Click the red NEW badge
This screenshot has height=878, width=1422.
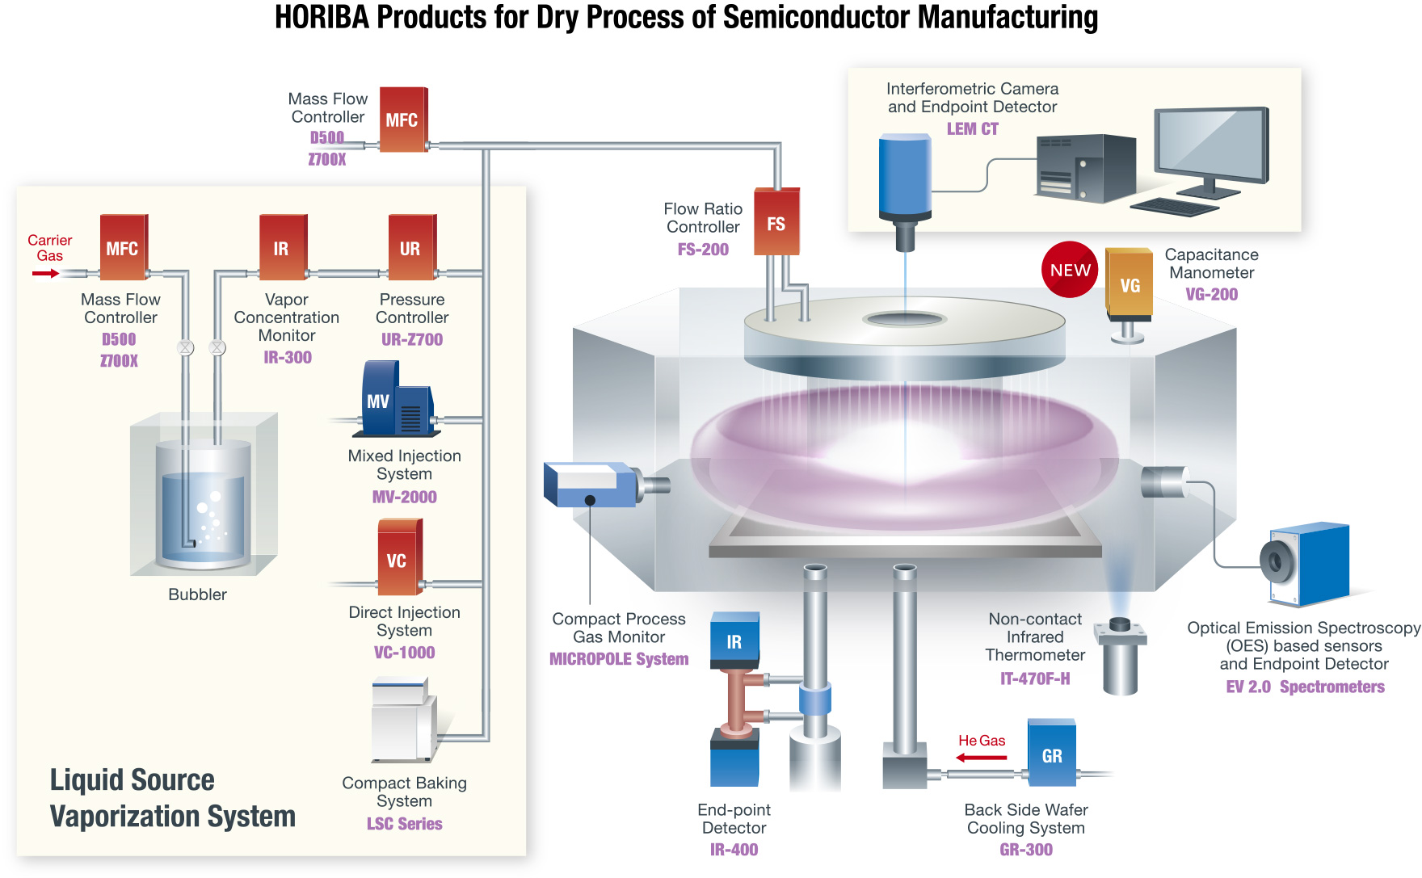tap(1069, 270)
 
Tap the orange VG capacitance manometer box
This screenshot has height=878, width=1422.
tap(1129, 284)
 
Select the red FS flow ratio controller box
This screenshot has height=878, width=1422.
tap(776, 222)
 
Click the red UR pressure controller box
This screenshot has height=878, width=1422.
tap(411, 247)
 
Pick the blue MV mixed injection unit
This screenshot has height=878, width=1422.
tap(395, 400)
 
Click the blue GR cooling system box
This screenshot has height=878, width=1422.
tap(1051, 753)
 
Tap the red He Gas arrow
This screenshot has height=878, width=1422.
tap(982, 758)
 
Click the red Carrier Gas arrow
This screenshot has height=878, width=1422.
tap(46, 274)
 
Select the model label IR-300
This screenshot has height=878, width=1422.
tap(288, 357)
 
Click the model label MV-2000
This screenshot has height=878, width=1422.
tap(404, 497)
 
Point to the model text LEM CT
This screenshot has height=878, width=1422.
tap(972, 129)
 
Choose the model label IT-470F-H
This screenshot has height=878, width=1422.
tap(1035, 678)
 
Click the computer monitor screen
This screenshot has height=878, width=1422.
tap(1210, 141)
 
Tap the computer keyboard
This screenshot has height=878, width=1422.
tap(1174, 207)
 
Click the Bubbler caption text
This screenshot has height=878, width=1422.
tap(197, 594)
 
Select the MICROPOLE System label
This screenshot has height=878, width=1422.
tap(619, 659)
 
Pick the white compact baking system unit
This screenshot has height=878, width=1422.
tap(402, 721)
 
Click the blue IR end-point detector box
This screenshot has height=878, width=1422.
tap(734, 641)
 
